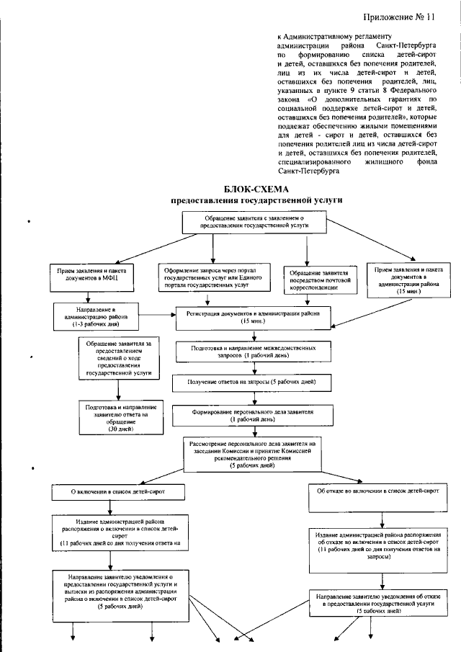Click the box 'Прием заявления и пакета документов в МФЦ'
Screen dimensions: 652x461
pos(90,273)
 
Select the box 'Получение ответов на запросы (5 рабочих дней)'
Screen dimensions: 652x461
pos(251,381)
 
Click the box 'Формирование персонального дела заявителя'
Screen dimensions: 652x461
pos(252,415)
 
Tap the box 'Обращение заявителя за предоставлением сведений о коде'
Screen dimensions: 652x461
pos(118,359)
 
